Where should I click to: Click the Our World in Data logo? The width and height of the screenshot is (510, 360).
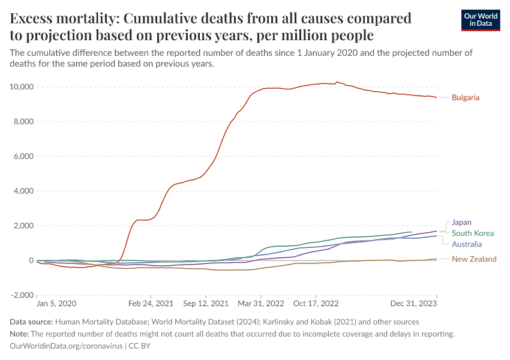click(x=480, y=20)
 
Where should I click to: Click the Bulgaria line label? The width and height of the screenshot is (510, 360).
click(x=466, y=97)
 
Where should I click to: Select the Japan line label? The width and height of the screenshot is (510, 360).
click(x=462, y=222)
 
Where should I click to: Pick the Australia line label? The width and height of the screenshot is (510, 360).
click(x=467, y=244)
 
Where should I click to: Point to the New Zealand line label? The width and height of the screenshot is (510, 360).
click(x=474, y=259)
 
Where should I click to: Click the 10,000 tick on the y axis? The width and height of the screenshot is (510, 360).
click(x=22, y=87)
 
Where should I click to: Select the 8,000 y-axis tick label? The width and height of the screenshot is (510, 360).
click(x=24, y=122)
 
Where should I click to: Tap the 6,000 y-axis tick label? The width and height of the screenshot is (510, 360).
click(x=24, y=157)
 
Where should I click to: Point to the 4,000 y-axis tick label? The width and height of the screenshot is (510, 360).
click(x=24, y=191)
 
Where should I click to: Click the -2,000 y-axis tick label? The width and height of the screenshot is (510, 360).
click(x=23, y=296)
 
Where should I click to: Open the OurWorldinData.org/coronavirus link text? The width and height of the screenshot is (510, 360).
click(x=66, y=346)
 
